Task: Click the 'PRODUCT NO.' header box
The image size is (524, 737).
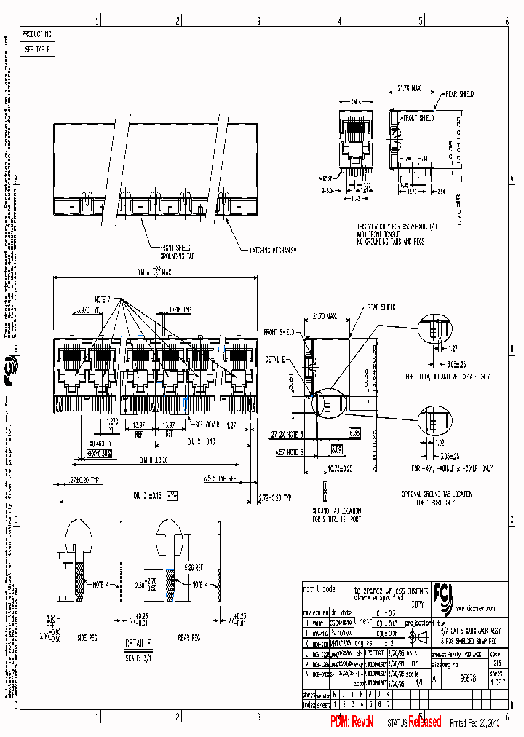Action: pyautogui.click(x=38, y=34)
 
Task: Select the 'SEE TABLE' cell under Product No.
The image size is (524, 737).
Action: pyautogui.click(x=38, y=50)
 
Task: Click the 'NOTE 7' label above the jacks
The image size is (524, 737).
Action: pyautogui.click(x=103, y=299)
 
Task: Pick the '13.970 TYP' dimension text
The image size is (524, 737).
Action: pyautogui.click(x=86, y=310)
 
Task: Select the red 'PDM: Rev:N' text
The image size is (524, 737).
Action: pyautogui.click(x=352, y=722)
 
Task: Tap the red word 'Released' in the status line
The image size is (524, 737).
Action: pyautogui.click(x=424, y=722)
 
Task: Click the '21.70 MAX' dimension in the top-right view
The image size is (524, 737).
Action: pyautogui.click(x=410, y=89)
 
